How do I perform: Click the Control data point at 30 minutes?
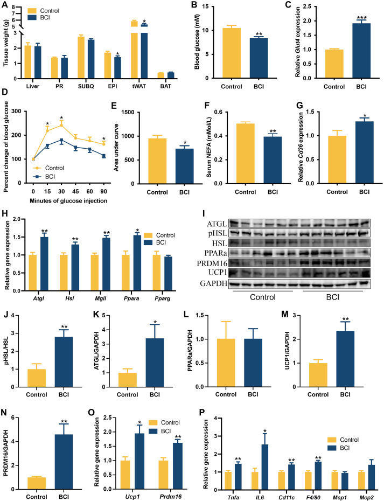click(x=62, y=124)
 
